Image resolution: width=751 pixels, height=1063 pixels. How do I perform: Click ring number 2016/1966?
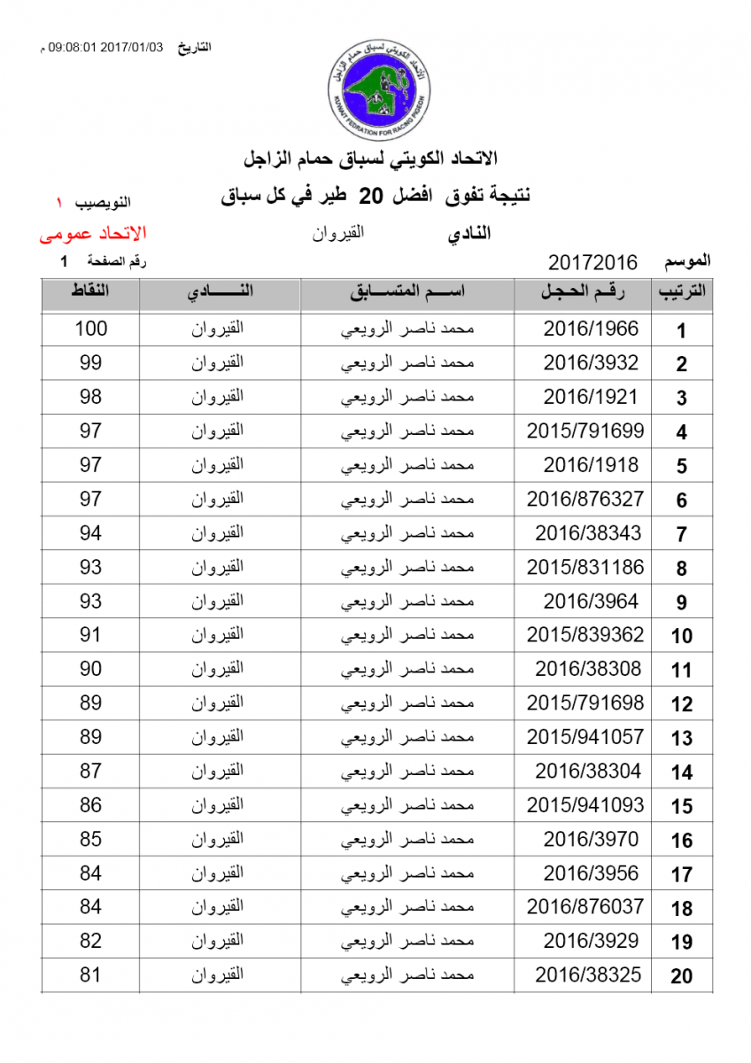click(x=591, y=329)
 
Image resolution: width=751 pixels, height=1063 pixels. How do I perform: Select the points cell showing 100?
click(x=90, y=329)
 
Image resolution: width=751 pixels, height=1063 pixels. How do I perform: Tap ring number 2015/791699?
click(x=585, y=431)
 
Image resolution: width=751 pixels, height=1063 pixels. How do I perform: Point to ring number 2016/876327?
click(x=585, y=500)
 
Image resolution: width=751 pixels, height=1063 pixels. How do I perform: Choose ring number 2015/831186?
click(x=585, y=568)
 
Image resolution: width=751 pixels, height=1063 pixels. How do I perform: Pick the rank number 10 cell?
click(x=681, y=636)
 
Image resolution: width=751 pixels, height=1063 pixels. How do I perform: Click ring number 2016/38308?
click(x=588, y=670)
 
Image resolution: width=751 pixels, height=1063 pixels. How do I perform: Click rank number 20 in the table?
click(x=681, y=977)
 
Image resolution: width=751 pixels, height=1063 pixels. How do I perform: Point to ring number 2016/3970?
click(x=591, y=840)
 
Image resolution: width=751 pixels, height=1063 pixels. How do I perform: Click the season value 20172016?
click(x=592, y=262)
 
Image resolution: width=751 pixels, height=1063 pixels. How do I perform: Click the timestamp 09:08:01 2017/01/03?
click(x=107, y=47)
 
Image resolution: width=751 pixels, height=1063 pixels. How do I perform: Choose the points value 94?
click(x=90, y=533)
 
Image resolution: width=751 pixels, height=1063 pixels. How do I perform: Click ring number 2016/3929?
click(x=591, y=942)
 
